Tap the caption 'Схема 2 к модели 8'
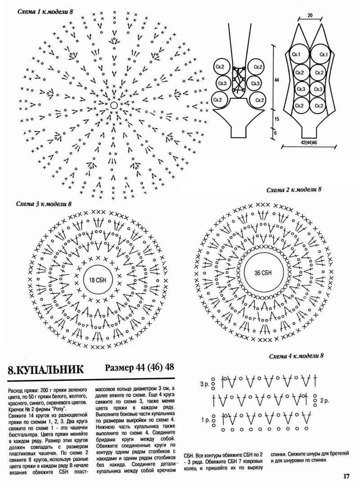pyautogui.click(x=294, y=190)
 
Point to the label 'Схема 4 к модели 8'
pyautogui.click(x=297, y=357)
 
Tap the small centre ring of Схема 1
pyautogui.click(x=113, y=105)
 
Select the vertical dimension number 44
pyautogui.click(x=277, y=80)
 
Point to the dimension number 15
pyautogui.click(x=277, y=118)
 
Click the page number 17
pyautogui.click(x=346, y=476)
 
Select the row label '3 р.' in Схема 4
pyautogui.click(x=204, y=385)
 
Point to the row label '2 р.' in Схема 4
pyautogui.click(x=324, y=400)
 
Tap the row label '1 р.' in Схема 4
pyautogui.click(x=204, y=420)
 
